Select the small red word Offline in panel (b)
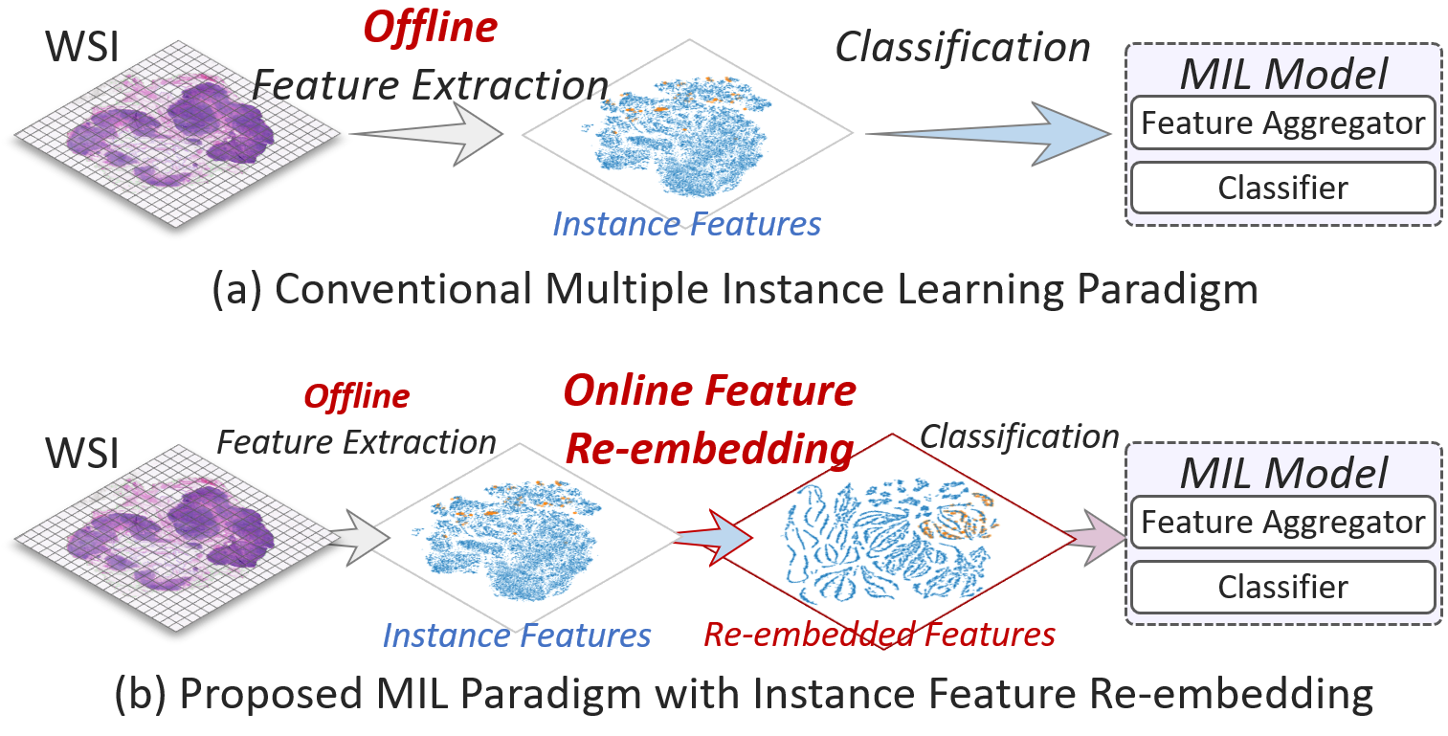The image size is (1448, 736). pyautogui.click(x=356, y=395)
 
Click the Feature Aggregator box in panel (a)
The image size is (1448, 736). pyautogui.click(x=1282, y=123)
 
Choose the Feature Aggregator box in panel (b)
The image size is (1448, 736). pyautogui.click(x=1282, y=523)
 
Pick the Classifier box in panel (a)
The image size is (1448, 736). pyautogui.click(x=1282, y=189)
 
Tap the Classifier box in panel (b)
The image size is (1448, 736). pyautogui.click(x=1282, y=587)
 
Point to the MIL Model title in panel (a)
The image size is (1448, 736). pyautogui.click(x=1282, y=75)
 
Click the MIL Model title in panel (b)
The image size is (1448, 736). pyautogui.click(x=1282, y=474)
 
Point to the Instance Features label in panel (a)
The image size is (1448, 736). pyautogui.click(x=686, y=224)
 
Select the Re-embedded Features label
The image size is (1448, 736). pyautogui.click(x=879, y=633)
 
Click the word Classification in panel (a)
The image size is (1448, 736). pyautogui.click(x=962, y=48)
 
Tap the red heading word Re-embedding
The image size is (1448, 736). pyautogui.click(x=708, y=448)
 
